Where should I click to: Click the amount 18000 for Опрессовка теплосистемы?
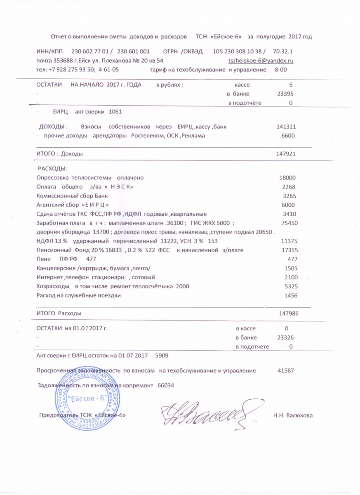288,178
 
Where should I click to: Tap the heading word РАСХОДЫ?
52,169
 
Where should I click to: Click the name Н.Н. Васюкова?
293,415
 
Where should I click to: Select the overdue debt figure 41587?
286,370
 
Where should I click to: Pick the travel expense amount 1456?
290,295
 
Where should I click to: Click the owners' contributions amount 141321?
286,127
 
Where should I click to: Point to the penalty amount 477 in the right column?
292,259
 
